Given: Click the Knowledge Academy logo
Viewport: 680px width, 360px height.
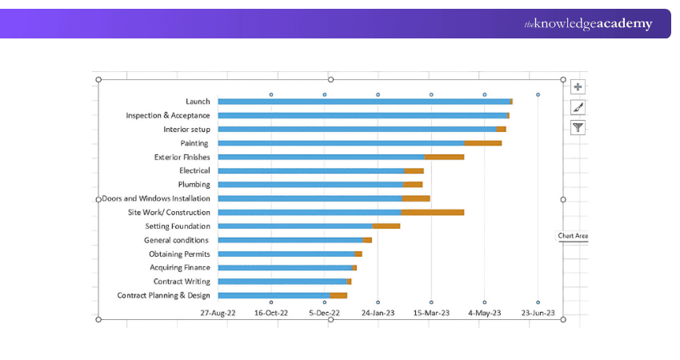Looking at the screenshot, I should (x=588, y=24).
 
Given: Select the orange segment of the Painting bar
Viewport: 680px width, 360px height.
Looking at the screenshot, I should (x=483, y=143).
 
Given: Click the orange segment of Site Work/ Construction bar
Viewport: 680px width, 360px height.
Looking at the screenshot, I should (x=432, y=212).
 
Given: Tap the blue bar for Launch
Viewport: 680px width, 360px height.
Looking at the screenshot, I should (x=364, y=102).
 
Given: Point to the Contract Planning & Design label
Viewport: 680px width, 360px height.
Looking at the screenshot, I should (x=164, y=295).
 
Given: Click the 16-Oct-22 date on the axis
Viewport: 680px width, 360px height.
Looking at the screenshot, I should (x=271, y=313).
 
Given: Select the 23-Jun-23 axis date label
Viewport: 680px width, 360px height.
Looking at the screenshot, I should (x=538, y=313).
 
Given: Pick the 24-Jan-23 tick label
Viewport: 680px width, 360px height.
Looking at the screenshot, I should (x=378, y=313).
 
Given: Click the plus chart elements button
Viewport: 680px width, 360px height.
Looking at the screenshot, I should (x=578, y=87).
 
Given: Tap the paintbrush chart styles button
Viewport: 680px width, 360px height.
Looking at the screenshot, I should (x=578, y=107).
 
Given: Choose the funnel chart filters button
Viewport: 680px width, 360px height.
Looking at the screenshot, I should (x=578, y=127).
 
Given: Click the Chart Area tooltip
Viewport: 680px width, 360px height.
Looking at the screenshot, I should (x=573, y=236).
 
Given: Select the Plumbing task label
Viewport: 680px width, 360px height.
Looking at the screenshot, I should (x=194, y=184).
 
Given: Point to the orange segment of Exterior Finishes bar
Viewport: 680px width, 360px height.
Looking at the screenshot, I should (x=444, y=157).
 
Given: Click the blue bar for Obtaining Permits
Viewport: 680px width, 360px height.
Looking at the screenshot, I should (x=286, y=254).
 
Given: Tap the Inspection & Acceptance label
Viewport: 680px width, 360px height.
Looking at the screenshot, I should (x=168, y=115).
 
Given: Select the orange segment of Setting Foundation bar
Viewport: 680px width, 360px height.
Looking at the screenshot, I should (x=386, y=226).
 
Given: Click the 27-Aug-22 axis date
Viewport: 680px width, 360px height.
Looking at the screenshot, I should (x=218, y=313).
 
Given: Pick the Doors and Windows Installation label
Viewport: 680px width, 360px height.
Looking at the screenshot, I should (x=157, y=198).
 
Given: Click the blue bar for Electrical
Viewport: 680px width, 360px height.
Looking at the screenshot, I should (x=311, y=170).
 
